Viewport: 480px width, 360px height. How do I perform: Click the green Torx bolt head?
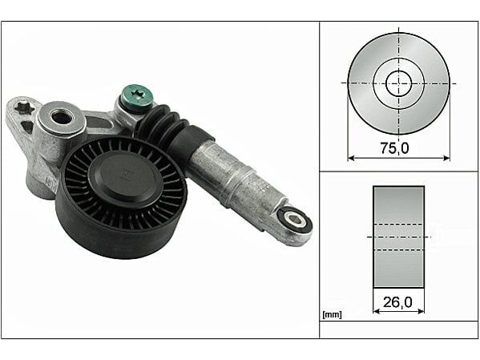coord(136,95)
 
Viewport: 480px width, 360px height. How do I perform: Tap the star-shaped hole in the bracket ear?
coord(24,107)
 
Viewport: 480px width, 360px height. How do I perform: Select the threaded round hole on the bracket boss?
coord(59,117)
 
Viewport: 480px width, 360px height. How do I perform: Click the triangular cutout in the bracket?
coord(27,127)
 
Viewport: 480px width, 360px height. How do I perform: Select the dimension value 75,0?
coord(394,148)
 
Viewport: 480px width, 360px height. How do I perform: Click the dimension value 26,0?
coord(397,302)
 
